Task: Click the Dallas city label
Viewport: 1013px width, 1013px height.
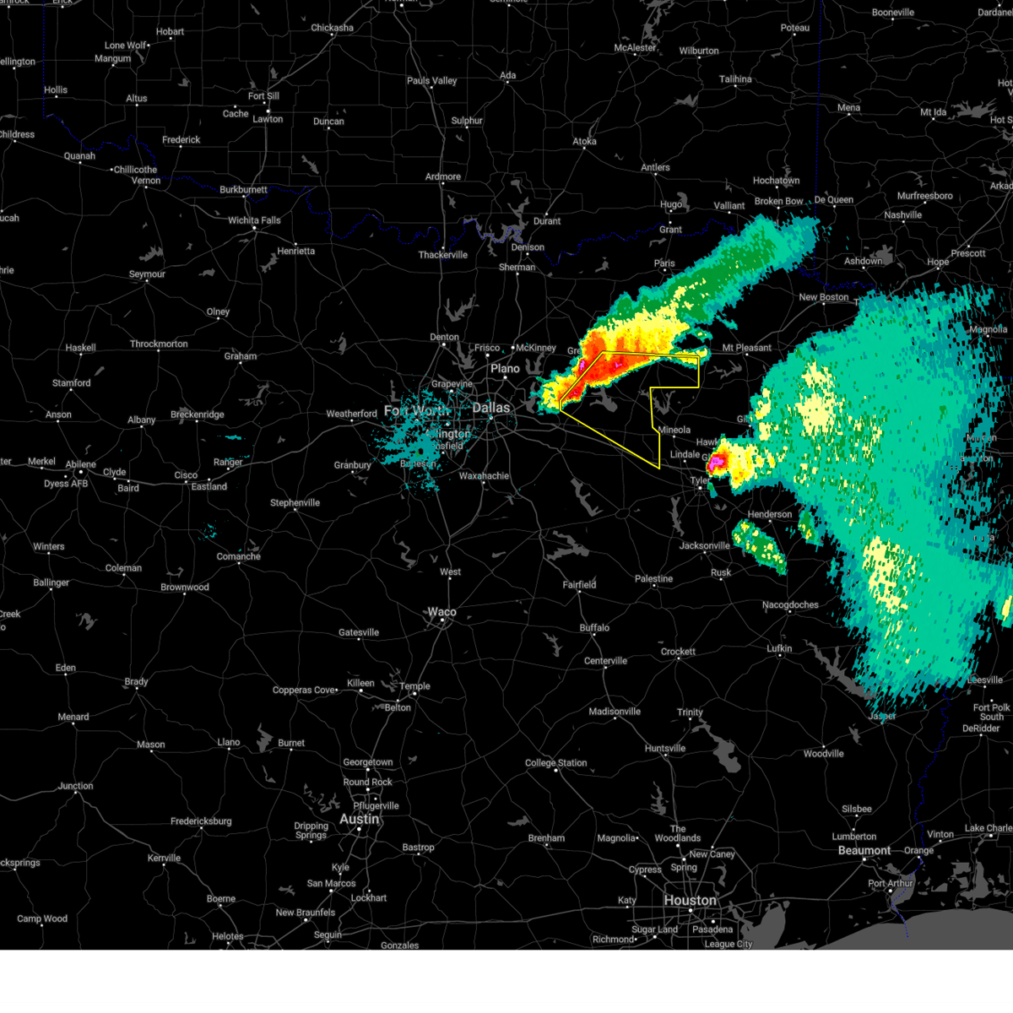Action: [x=490, y=408]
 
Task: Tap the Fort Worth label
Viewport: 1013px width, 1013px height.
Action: [x=417, y=410]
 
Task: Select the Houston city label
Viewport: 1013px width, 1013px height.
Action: [x=690, y=900]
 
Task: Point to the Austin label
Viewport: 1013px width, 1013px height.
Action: [x=359, y=819]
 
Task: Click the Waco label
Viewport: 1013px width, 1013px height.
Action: [x=441, y=612]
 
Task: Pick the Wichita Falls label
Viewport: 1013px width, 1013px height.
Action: [x=254, y=220]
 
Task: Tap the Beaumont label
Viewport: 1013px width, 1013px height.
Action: [x=864, y=850]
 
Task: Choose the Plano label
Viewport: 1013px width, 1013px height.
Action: [x=505, y=368]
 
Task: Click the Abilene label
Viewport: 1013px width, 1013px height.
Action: [x=81, y=463]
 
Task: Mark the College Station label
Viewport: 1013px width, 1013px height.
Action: [x=555, y=762]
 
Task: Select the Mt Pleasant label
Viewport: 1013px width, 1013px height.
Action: [x=746, y=348]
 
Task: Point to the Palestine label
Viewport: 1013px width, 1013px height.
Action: [x=653, y=578]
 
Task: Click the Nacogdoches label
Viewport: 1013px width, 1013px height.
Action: [x=790, y=604]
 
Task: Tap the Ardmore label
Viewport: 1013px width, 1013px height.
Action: [x=443, y=176]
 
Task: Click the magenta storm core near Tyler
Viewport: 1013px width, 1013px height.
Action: [x=717, y=462]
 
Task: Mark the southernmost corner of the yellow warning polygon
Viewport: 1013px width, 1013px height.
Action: [x=659, y=468]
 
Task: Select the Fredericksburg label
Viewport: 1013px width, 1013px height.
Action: [x=201, y=821]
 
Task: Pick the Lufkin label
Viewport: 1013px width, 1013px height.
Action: [x=779, y=648]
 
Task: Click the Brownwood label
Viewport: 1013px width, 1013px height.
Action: [x=185, y=587]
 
